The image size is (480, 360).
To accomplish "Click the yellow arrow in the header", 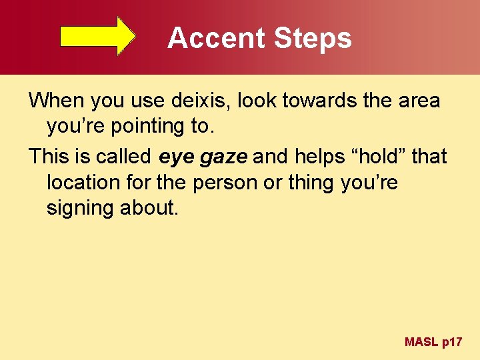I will coord(98,36).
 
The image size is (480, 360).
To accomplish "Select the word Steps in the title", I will coord(312,38).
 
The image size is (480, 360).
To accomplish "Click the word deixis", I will coord(198,101).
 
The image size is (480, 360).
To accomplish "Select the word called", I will coord(125,157).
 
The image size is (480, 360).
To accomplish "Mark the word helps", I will coord(321,157).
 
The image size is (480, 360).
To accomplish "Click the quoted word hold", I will coord(379,157).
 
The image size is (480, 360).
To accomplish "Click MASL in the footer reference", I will coord(421,342).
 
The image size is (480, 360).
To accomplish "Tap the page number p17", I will coord(452,343).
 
